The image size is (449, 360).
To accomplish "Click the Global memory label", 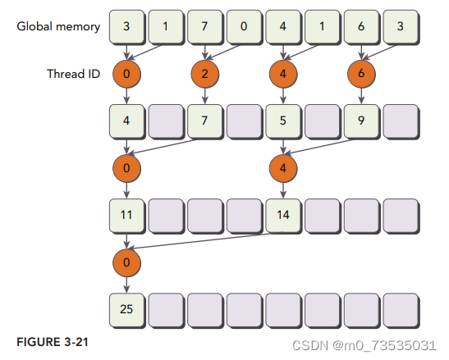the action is click(x=58, y=26).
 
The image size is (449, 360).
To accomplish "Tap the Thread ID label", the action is click(x=73, y=74).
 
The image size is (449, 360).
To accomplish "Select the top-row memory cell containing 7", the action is click(x=204, y=27).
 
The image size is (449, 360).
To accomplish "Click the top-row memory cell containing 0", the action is click(x=244, y=27).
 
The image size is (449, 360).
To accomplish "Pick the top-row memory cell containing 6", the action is click(x=361, y=27).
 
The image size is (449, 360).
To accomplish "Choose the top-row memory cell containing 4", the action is click(x=283, y=27).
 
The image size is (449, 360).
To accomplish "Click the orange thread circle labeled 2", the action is click(x=205, y=74).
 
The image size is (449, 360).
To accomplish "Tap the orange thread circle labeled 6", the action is click(x=361, y=74).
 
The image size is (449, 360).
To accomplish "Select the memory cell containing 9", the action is click(x=361, y=121).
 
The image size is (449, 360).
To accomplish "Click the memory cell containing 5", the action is click(x=283, y=121).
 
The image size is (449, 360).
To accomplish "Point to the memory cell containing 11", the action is click(x=127, y=216).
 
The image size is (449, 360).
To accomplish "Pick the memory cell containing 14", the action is click(x=283, y=216).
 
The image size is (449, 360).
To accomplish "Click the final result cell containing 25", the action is click(x=127, y=310).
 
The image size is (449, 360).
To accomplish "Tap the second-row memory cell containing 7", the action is click(x=204, y=121).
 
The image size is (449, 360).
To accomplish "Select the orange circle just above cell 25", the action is click(x=127, y=262).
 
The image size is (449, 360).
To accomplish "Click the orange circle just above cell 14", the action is click(x=283, y=168).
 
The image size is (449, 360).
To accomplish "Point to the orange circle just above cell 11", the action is click(x=127, y=168).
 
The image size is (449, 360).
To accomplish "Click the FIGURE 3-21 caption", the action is click(x=53, y=342).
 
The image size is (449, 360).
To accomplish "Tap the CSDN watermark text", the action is click(x=364, y=345).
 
